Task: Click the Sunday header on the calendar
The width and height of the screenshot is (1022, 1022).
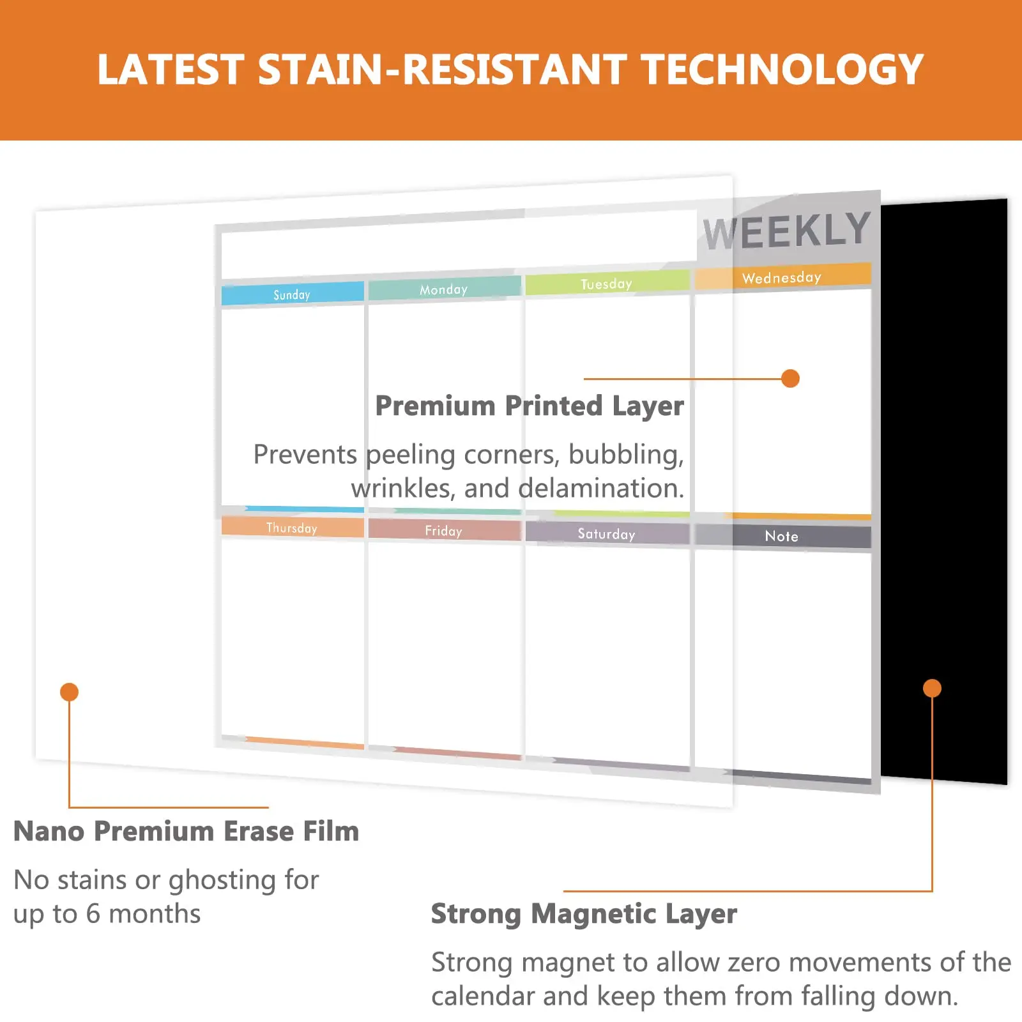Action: tap(292, 294)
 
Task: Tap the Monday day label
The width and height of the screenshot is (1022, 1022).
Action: tap(443, 289)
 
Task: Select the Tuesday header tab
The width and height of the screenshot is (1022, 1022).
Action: tap(606, 284)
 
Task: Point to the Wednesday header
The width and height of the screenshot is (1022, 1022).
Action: tap(781, 277)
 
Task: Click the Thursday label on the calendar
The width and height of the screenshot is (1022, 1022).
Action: tap(292, 528)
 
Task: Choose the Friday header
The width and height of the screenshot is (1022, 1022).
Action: tap(443, 531)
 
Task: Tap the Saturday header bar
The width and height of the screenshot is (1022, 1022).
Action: tap(606, 534)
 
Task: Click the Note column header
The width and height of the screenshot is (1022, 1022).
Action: tap(781, 537)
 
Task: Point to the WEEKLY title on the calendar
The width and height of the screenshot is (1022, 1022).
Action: tap(787, 231)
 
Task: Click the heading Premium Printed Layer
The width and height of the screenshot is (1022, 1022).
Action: tap(529, 406)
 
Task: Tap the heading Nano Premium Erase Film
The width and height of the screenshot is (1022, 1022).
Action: tap(186, 832)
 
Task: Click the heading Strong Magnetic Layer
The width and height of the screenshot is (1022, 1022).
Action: tap(584, 914)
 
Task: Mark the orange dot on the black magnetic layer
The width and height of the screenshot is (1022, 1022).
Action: tap(932, 688)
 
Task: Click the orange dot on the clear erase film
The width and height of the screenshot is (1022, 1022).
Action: tap(69, 692)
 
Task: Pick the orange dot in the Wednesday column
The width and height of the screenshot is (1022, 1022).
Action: tap(790, 378)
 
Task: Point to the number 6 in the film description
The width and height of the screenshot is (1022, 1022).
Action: tap(93, 914)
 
